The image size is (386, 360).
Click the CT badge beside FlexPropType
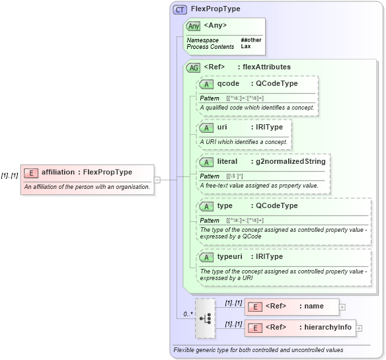click(x=180, y=10)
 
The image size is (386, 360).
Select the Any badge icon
click(x=194, y=26)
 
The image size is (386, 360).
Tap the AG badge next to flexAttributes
click(x=194, y=67)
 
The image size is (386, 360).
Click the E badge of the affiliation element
click(x=30, y=172)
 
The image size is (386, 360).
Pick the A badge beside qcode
click(x=206, y=84)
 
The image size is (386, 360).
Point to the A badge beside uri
click(x=206, y=127)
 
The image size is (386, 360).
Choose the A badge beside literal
click(x=206, y=162)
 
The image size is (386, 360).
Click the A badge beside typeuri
click(x=206, y=257)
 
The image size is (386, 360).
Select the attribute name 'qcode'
click(x=228, y=84)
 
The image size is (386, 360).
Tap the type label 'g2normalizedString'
click(x=288, y=162)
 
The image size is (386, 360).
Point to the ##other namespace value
click(x=251, y=40)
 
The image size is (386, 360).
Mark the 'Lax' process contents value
click(x=245, y=47)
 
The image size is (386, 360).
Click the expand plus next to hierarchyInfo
click(x=359, y=328)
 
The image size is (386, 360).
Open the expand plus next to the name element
click(x=342, y=306)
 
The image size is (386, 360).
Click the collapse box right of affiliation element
click(x=157, y=179)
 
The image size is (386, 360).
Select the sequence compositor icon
click(x=206, y=317)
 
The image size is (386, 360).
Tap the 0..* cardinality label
click(x=188, y=314)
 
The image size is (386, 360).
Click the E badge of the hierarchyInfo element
click(x=254, y=328)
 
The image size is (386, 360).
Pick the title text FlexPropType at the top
click(x=215, y=9)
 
